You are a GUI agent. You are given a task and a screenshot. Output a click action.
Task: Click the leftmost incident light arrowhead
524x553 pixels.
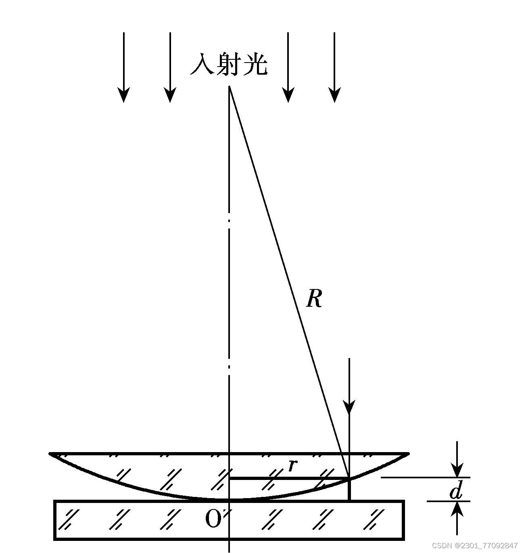(123, 94)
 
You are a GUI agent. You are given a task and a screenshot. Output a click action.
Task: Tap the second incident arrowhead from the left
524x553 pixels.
(170, 94)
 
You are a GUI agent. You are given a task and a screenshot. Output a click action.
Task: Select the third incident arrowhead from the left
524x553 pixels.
(288, 94)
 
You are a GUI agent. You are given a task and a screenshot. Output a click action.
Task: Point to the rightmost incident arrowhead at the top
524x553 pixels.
(334, 94)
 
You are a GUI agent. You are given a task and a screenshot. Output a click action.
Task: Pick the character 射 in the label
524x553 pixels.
(228, 65)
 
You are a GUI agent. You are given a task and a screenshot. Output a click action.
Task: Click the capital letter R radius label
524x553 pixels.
(314, 299)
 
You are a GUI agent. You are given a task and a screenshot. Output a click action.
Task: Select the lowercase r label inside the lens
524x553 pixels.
(292, 465)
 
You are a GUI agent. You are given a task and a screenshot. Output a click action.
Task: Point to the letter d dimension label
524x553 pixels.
(456, 491)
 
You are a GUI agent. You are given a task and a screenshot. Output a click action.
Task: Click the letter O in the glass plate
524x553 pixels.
(213, 519)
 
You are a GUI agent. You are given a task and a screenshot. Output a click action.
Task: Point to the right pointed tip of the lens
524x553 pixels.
(409, 454)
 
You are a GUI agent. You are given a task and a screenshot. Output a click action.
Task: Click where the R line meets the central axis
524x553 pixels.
(229, 86)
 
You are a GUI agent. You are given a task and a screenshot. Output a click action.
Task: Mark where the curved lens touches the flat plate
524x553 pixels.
(229, 500)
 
